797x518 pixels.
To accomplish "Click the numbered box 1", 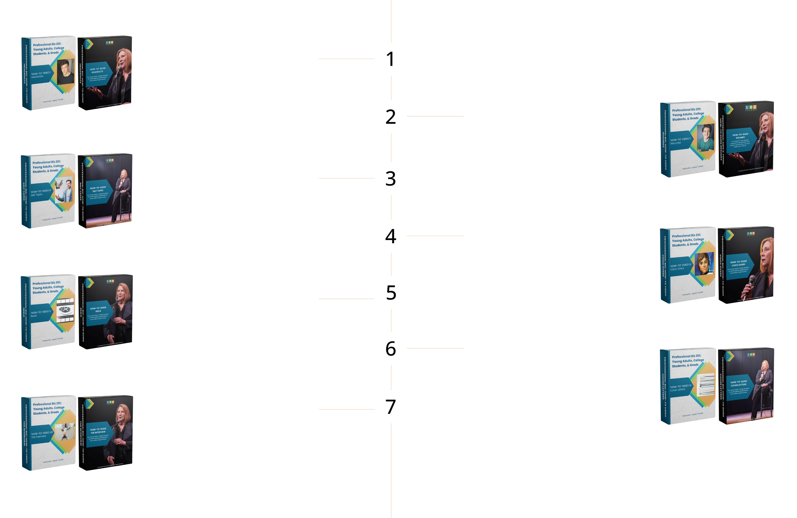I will pos(391,59).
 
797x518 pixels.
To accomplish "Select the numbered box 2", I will pos(391,117).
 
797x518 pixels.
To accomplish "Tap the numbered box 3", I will pos(391,178).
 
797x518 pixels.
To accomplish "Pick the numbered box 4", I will pos(391,236).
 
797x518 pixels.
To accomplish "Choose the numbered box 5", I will pos(391,292).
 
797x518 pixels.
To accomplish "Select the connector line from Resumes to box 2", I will pos(435,117).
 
